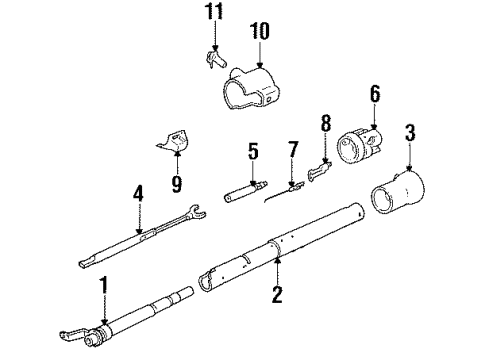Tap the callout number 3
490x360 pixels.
(x=410, y=132)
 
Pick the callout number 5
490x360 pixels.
(x=253, y=153)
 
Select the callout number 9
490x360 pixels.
(x=177, y=183)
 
